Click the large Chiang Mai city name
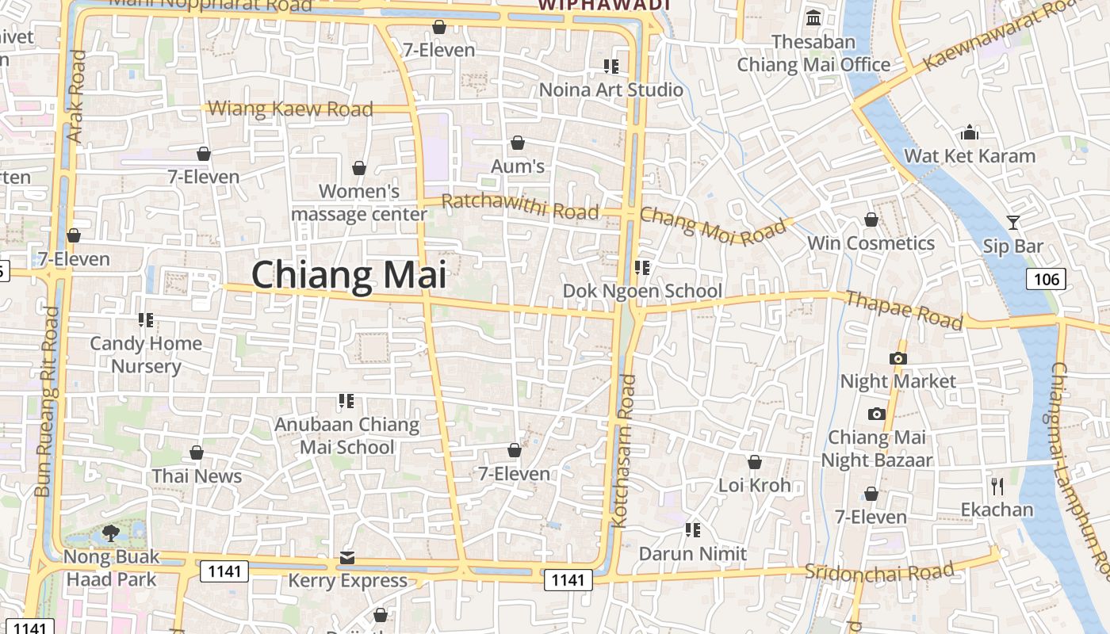click(349, 275)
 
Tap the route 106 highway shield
click(1047, 278)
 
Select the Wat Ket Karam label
click(970, 155)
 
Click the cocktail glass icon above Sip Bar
click(1012, 222)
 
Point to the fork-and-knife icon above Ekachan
click(997, 485)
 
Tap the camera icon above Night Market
click(898, 358)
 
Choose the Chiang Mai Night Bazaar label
click(876, 449)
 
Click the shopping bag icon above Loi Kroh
click(755, 461)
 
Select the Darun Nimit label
click(693, 553)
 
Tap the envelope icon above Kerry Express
click(347, 557)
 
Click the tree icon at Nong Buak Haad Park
click(111, 533)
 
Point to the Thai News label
click(197, 475)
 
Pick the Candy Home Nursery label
click(146, 354)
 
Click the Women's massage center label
click(359, 202)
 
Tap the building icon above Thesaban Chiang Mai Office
click(813, 17)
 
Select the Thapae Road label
click(904, 310)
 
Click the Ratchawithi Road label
click(519, 206)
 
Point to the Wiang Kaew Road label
click(290, 109)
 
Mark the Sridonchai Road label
click(879, 571)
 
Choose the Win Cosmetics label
click(871, 243)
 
